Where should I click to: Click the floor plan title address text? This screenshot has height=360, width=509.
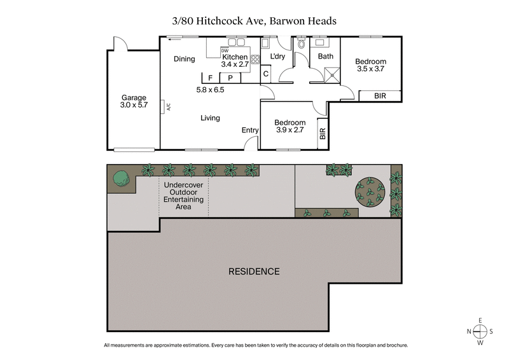tap(254, 21)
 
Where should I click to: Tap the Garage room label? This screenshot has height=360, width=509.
tap(134, 102)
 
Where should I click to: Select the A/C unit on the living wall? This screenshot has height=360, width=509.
tap(164, 106)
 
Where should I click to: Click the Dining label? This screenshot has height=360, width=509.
tap(185, 59)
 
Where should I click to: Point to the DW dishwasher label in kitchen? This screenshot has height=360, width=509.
tap(225, 50)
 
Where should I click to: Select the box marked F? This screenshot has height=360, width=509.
tap(210, 78)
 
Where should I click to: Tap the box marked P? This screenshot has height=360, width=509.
tap(230, 78)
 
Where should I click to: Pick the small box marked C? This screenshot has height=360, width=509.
tap(267, 74)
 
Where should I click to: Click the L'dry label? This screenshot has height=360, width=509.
tap(277, 57)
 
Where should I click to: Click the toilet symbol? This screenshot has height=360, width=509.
tap(302, 45)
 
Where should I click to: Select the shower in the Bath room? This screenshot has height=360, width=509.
tap(330, 76)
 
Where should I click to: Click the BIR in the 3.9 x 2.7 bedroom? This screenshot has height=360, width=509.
tap(323, 134)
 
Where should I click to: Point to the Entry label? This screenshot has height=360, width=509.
tap(250, 130)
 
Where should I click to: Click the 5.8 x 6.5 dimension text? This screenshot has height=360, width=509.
tap(210, 90)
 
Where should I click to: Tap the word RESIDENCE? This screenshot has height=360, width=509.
tap(254, 272)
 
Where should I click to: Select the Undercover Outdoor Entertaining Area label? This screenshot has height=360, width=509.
tap(184, 196)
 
